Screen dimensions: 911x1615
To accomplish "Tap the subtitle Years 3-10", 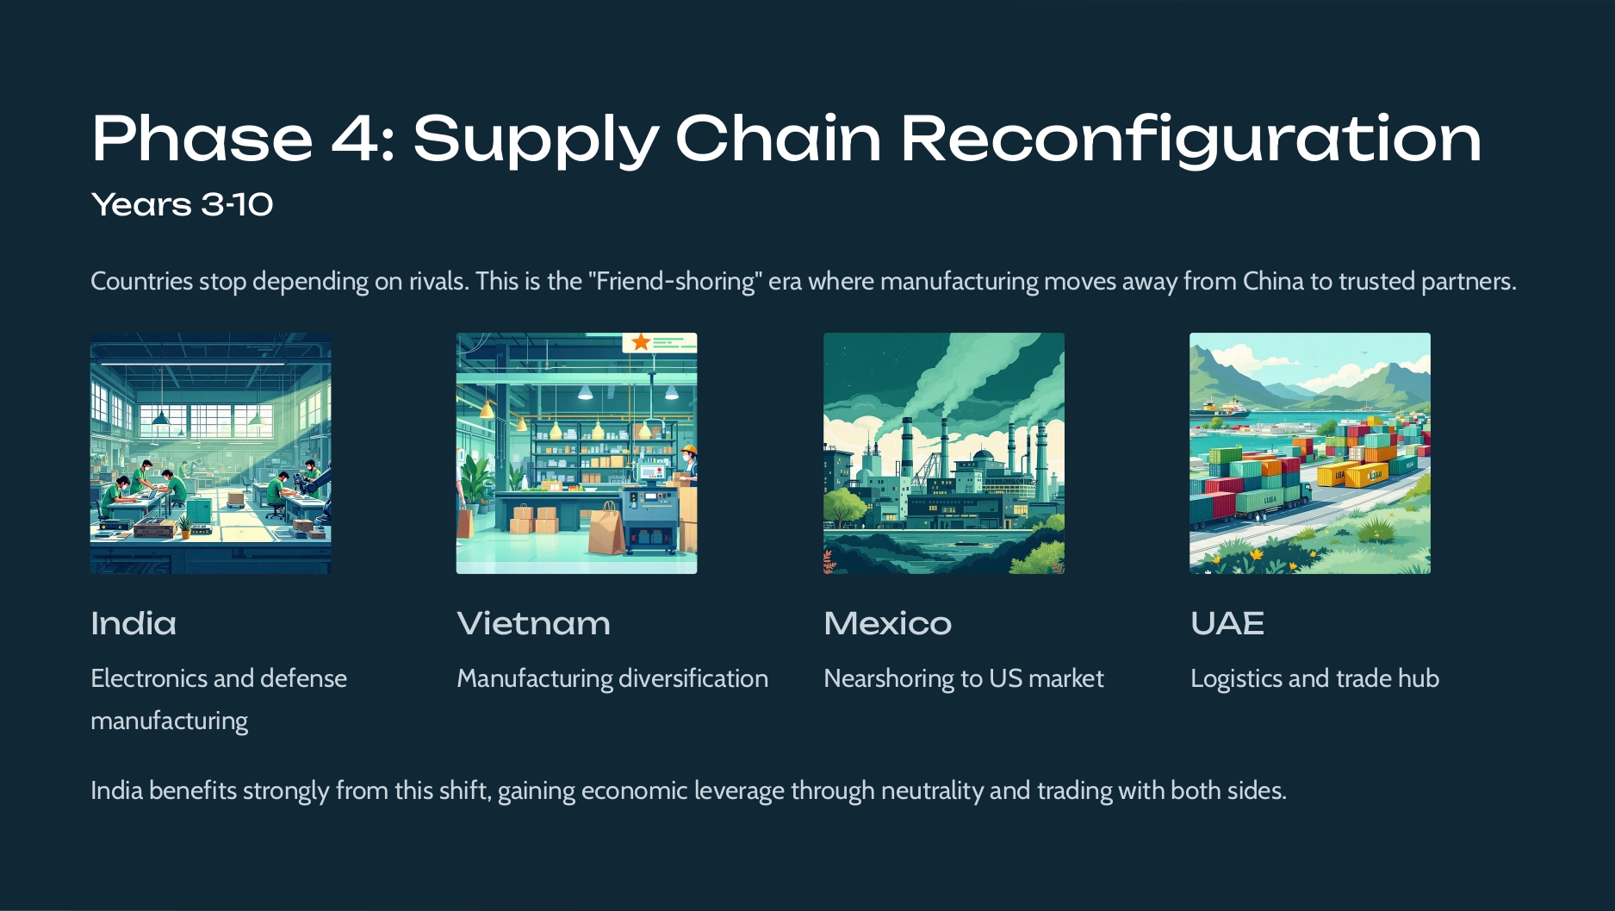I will (x=182, y=205).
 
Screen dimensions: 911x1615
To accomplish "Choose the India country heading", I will (x=134, y=623).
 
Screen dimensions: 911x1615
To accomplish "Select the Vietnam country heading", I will (x=533, y=623).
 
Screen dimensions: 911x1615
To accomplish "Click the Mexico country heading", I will (x=887, y=623).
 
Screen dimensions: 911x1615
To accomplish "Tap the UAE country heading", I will (x=1227, y=623).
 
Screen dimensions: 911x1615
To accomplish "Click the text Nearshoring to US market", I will (x=963, y=678).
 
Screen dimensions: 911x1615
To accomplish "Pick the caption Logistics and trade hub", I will (x=1314, y=678).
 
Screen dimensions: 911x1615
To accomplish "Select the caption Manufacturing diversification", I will (x=612, y=678).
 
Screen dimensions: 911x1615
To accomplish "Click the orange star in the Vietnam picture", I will (x=641, y=342).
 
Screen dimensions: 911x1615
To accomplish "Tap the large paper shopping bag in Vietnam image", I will (x=606, y=528).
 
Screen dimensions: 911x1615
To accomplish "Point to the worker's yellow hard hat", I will (x=687, y=450).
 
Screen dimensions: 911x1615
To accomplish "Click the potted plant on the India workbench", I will (x=184, y=525).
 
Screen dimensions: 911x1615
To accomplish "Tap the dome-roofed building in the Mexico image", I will (x=983, y=457).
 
